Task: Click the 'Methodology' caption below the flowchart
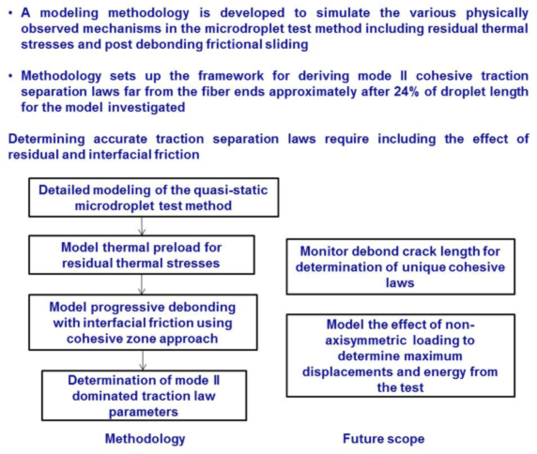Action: point(145,439)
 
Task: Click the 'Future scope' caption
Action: point(384,439)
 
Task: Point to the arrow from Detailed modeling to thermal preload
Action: point(142,226)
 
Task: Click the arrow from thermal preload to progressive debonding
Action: point(142,284)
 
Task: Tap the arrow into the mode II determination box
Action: point(143,360)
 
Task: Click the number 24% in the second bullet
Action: point(407,92)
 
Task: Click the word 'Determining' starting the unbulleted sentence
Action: point(47,139)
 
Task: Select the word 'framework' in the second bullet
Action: point(231,76)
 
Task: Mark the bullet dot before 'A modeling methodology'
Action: point(11,13)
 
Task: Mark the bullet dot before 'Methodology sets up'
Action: point(11,76)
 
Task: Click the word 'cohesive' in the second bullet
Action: point(444,76)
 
